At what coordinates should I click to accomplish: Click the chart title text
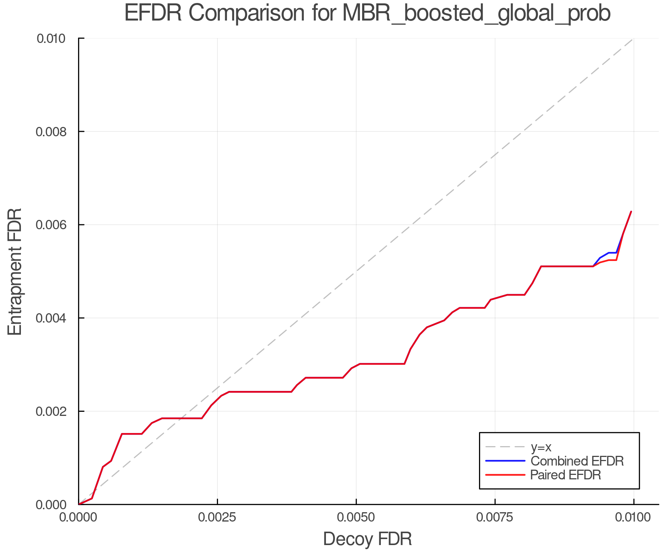(x=367, y=13)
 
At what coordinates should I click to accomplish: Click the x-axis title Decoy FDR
(x=367, y=539)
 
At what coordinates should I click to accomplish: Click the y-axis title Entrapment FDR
(x=15, y=271)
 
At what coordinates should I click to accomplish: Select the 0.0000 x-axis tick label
(x=79, y=518)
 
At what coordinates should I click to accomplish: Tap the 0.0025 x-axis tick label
(x=217, y=518)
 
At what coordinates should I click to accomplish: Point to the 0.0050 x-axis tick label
(x=356, y=518)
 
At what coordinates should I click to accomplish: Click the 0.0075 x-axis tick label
(x=495, y=518)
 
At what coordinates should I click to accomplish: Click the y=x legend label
(x=541, y=447)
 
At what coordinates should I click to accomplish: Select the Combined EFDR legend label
(x=577, y=461)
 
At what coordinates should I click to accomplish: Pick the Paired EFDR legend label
(x=566, y=475)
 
